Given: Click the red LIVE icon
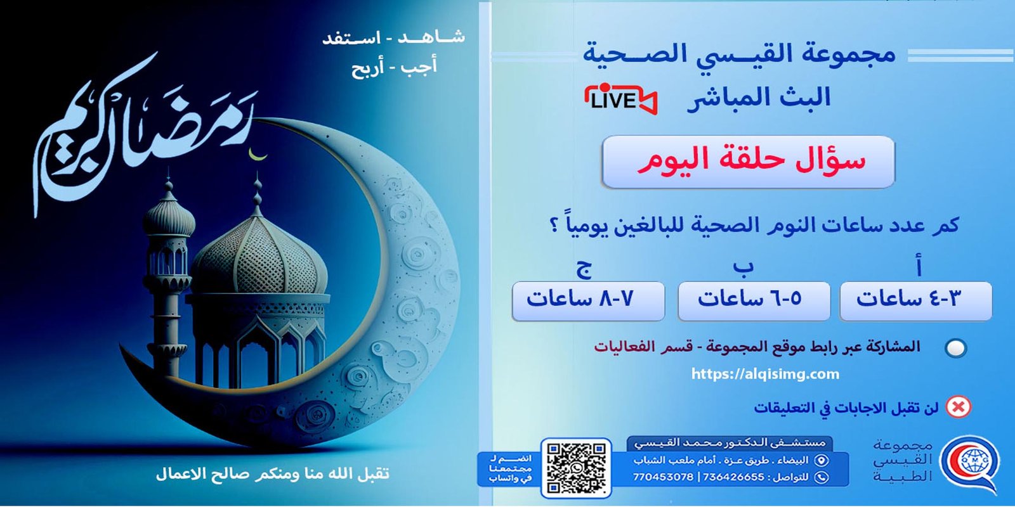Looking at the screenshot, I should click(620, 99).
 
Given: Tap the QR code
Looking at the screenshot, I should click(576, 468).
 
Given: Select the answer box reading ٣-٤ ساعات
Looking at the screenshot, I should click(915, 300).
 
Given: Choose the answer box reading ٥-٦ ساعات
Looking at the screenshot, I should click(754, 300).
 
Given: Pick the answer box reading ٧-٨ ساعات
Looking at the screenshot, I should click(588, 300).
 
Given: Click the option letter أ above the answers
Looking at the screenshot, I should click(918, 267).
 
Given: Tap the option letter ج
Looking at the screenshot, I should click(584, 268).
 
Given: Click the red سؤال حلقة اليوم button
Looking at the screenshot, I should click(748, 161).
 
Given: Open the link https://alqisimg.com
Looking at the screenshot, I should click(765, 374).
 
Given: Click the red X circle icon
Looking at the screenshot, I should click(958, 407).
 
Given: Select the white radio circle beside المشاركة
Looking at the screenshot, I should click(955, 348).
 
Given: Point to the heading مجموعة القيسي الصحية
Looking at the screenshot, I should click(739, 55).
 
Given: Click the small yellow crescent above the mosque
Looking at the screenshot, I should click(257, 154).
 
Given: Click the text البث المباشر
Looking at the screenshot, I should click(759, 98).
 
